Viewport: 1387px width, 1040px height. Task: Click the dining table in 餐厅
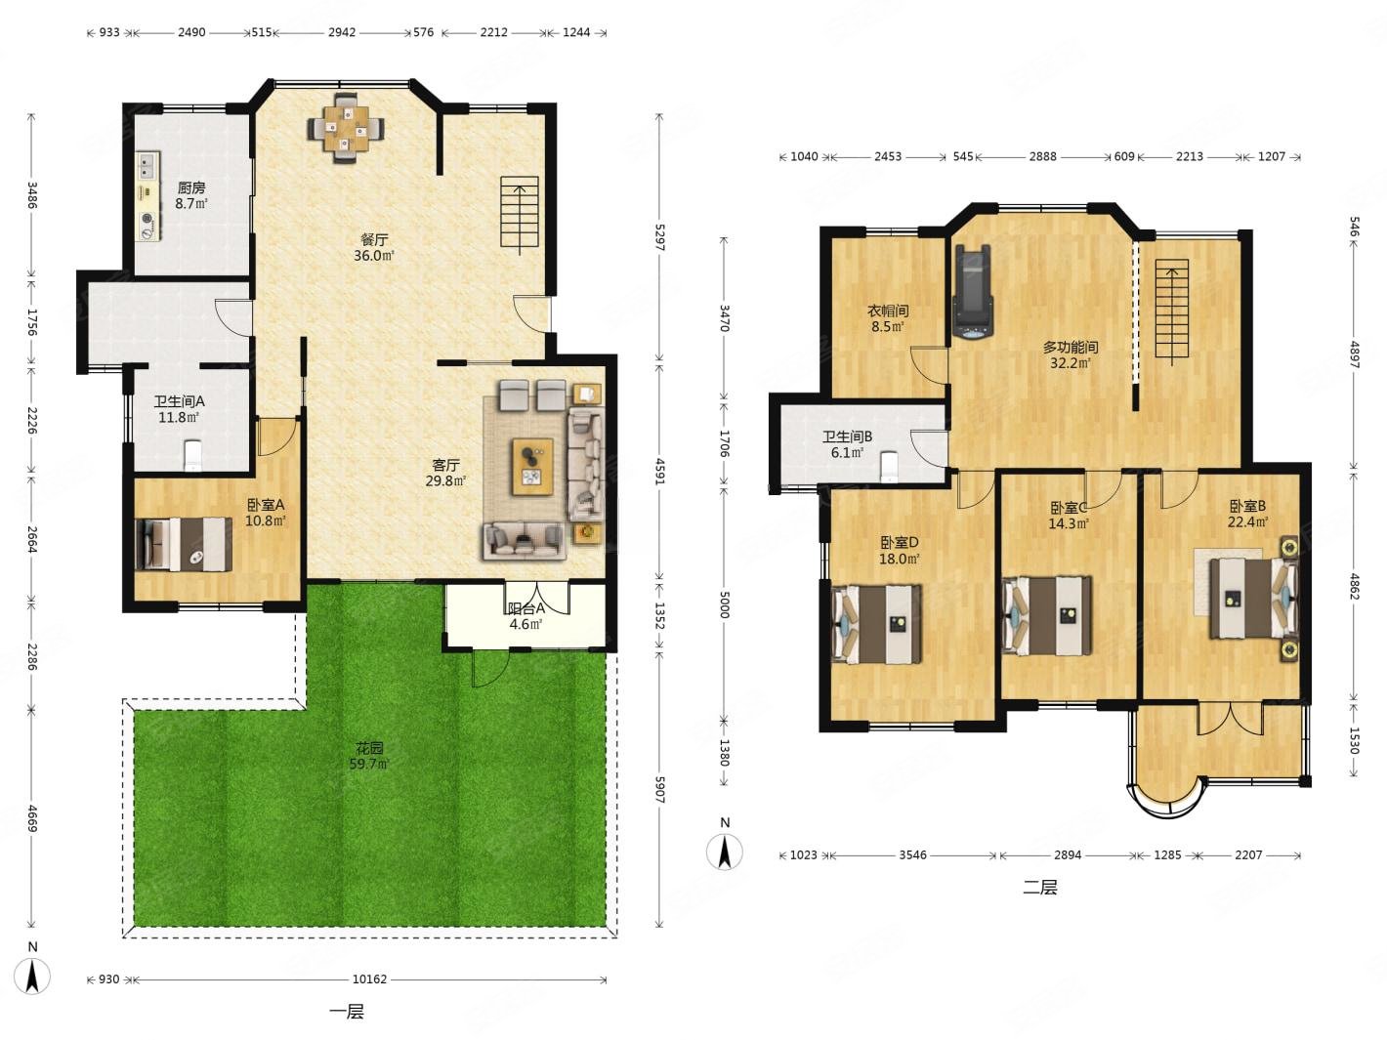tap(346, 128)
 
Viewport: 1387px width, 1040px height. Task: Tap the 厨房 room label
tap(190, 187)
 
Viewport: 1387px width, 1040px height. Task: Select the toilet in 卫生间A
tap(192, 455)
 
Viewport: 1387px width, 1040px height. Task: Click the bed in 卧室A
tap(184, 544)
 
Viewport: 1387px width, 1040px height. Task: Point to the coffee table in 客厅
tap(532, 467)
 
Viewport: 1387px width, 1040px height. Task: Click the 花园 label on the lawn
tap(369, 748)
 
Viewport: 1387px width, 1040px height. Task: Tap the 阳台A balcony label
tap(526, 608)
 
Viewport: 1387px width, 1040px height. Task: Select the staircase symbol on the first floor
tap(520, 212)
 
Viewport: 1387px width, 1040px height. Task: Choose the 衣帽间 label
tap(888, 311)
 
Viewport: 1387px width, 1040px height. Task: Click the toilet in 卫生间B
tap(889, 466)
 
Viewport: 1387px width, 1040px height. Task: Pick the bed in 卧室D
tap(877, 624)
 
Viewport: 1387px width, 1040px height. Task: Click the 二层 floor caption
tap(1040, 888)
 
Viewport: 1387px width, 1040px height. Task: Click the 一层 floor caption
tap(347, 1013)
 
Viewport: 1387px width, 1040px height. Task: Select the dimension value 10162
tap(369, 979)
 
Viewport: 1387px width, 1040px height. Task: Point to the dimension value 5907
tap(659, 789)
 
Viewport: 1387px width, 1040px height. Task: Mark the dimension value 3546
tap(913, 855)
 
